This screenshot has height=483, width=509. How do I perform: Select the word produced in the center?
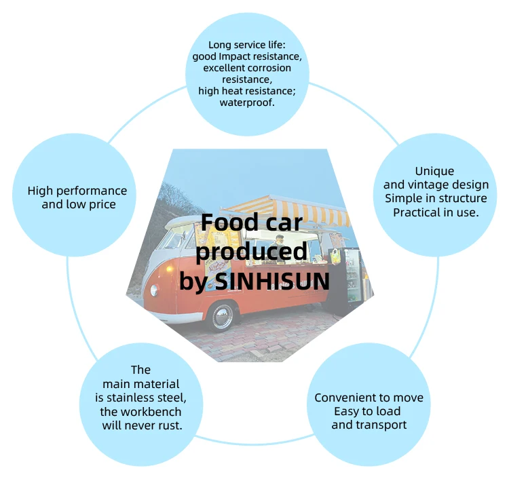pyautogui.click(x=250, y=252)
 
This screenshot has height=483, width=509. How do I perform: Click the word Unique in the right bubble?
pyautogui.click(x=434, y=171)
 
